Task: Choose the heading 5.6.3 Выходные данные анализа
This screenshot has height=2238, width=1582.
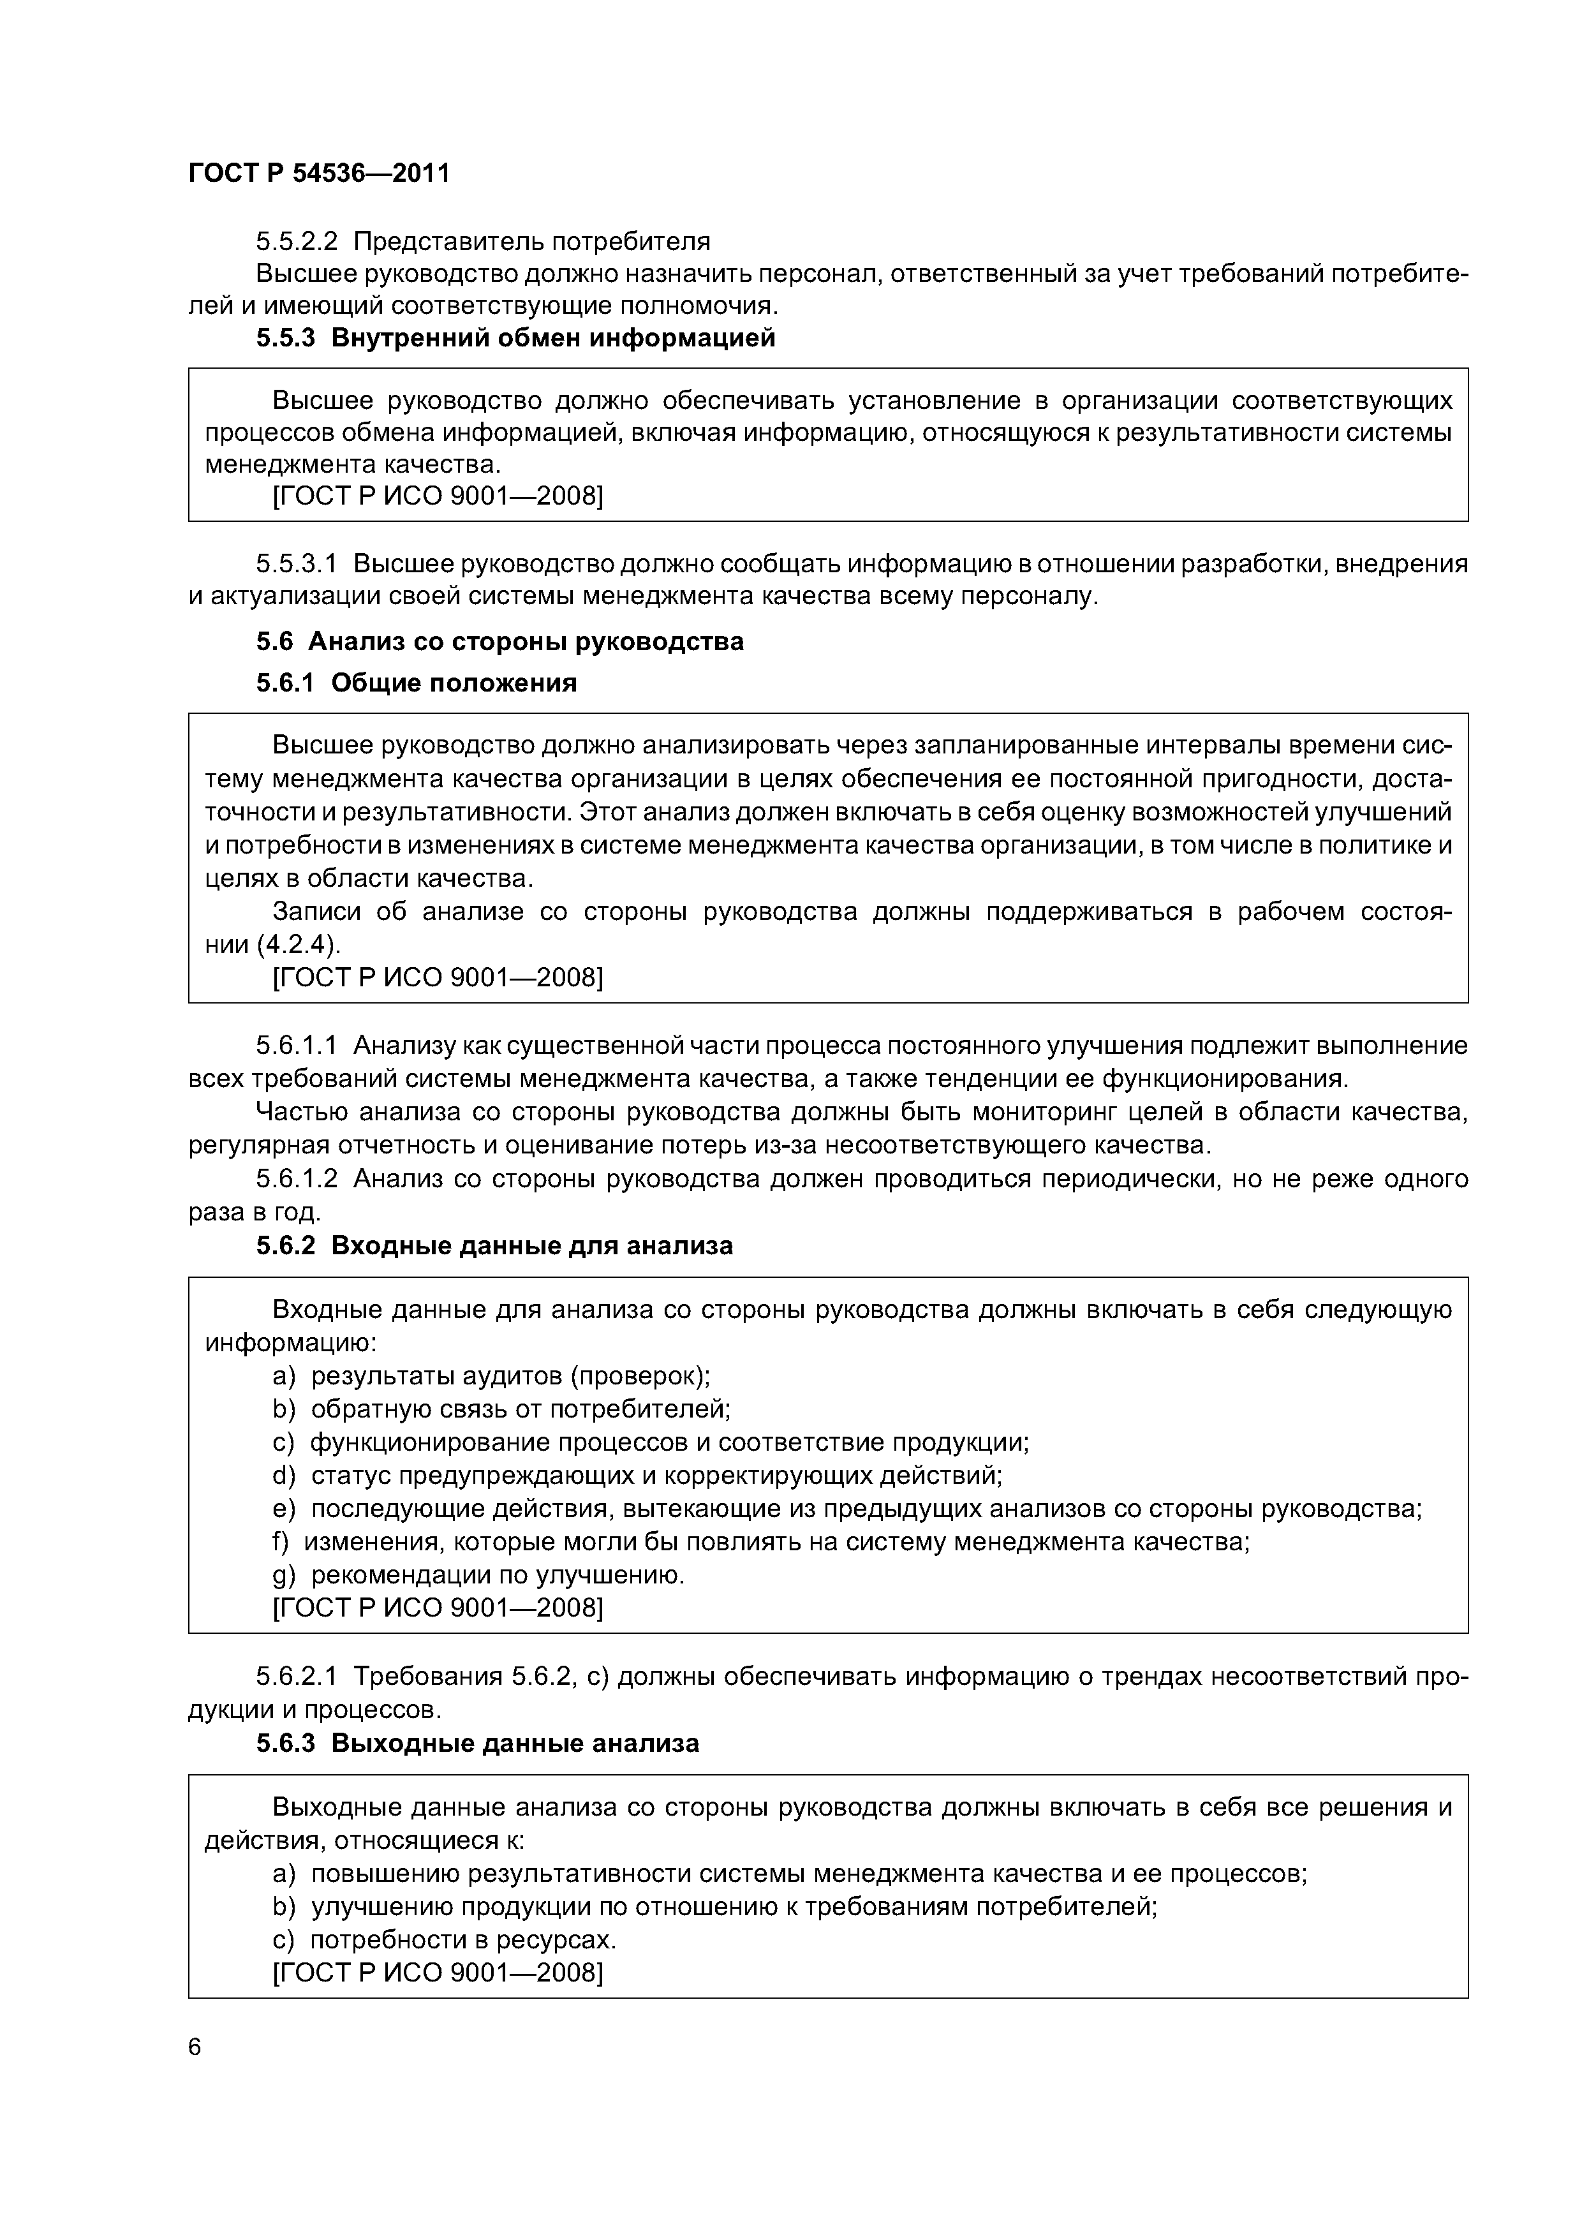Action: (478, 1742)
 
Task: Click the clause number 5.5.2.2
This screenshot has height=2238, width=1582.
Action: (297, 241)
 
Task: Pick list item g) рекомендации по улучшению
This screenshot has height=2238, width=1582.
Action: (478, 1575)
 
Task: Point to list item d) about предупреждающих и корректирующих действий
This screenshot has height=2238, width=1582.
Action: (637, 1475)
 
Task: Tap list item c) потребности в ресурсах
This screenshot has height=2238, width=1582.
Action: (445, 1939)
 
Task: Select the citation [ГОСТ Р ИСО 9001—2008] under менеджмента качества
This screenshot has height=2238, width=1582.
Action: (438, 496)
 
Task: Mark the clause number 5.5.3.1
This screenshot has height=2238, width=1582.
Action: (297, 563)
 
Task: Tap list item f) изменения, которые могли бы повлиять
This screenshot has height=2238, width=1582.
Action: (760, 1541)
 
